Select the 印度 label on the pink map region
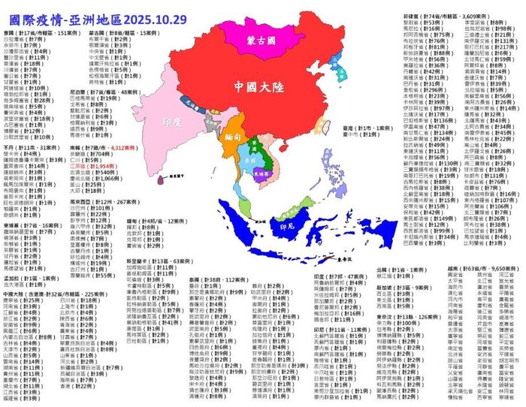tap(172, 122)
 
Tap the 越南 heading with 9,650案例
tap(478, 268)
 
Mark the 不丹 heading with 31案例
tap(30, 148)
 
